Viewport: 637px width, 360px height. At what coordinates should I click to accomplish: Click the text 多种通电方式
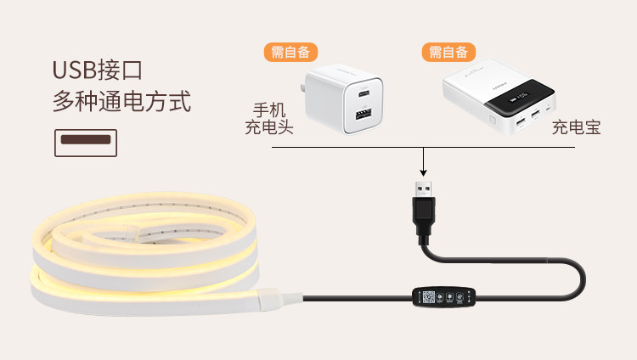tap(121, 102)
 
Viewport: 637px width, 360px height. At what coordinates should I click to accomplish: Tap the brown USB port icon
tap(85, 143)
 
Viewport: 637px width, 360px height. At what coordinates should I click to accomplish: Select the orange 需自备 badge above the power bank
tap(448, 52)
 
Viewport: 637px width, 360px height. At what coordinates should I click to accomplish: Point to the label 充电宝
tap(576, 128)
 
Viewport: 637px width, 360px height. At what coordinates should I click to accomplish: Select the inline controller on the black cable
tap(442, 298)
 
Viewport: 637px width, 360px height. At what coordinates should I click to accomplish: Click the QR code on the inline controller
tap(429, 298)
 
